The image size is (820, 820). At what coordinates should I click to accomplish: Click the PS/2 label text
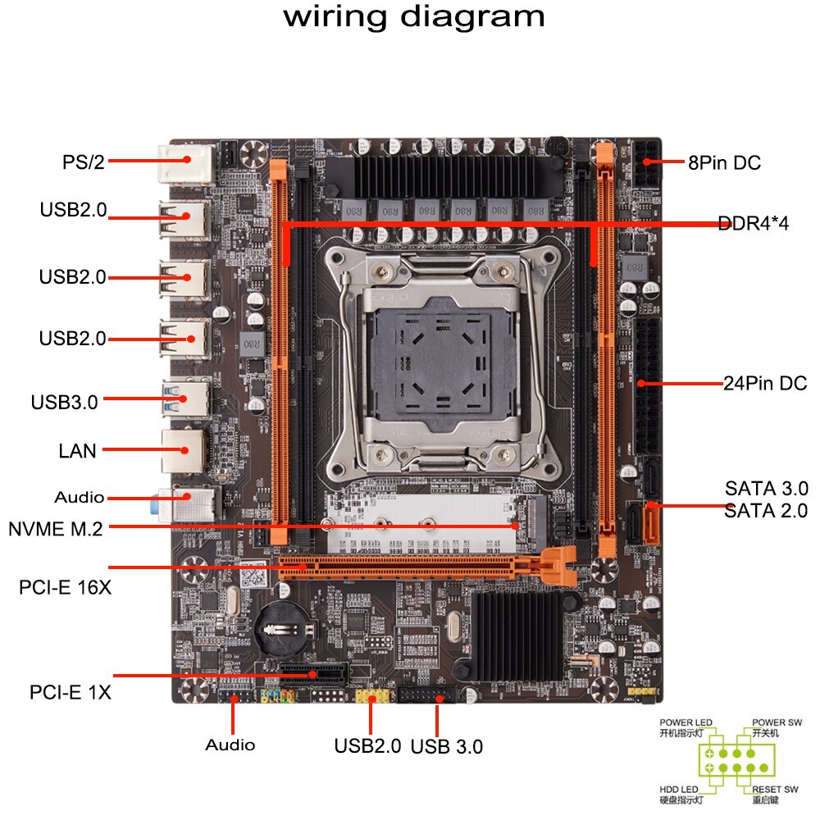[x=84, y=162]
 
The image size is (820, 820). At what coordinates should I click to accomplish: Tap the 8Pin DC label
[x=724, y=163]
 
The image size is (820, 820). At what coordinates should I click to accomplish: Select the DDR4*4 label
[x=753, y=223]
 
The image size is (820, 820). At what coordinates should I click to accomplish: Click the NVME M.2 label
[x=56, y=529]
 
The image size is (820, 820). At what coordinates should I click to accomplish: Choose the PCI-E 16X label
[x=65, y=588]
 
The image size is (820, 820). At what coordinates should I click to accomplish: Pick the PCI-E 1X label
[x=71, y=693]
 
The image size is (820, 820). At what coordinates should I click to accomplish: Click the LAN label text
[x=77, y=450]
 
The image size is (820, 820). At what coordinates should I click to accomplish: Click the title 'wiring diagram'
[x=414, y=17]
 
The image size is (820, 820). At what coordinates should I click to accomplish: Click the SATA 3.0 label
[x=766, y=489]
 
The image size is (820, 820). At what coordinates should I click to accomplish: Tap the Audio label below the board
[x=230, y=745]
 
